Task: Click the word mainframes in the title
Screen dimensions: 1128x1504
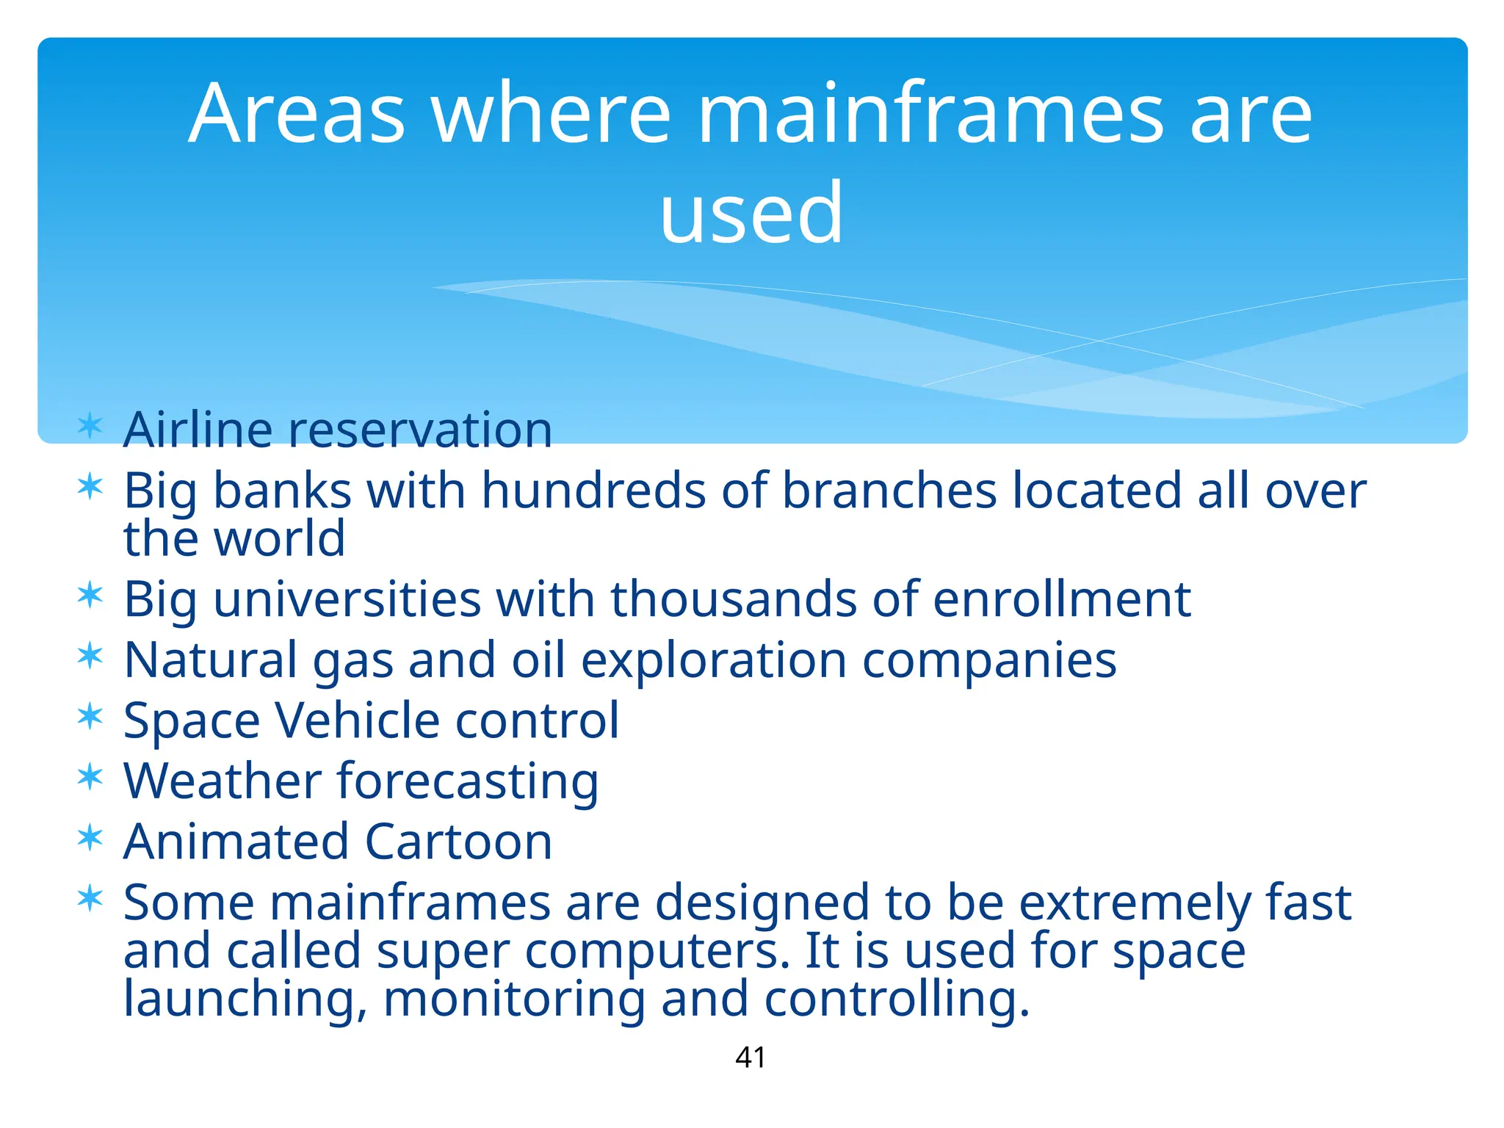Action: coord(930,114)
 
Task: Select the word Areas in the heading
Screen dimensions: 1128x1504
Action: coord(297,114)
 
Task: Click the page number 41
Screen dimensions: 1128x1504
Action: coord(751,1057)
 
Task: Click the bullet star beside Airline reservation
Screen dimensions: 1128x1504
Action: coord(90,425)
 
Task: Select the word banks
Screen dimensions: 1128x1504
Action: coord(282,491)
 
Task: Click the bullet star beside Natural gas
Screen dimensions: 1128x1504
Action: coord(90,655)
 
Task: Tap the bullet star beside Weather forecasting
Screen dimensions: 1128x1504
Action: coord(90,776)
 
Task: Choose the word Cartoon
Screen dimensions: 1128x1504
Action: coord(458,842)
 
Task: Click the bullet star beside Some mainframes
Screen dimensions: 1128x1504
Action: coord(90,898)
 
